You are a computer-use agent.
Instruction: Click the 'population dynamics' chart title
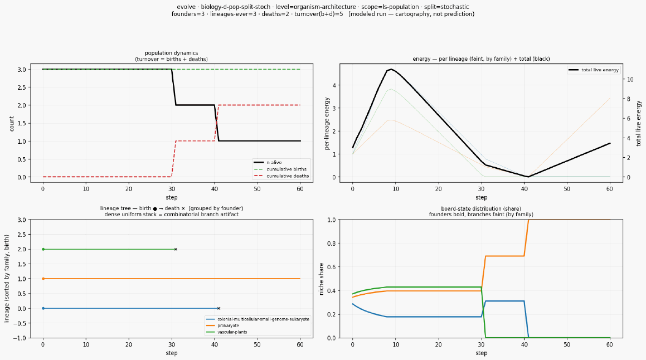(171, 53)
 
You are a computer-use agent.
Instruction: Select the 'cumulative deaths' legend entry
(281, 176)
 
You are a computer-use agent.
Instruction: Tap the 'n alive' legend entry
(268, 162)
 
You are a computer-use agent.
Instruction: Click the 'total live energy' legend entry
(593, 70)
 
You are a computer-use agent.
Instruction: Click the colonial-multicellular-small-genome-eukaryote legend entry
(258, 319)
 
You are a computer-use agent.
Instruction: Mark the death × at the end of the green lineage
(176, 249)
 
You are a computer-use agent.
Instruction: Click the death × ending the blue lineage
(218, 308)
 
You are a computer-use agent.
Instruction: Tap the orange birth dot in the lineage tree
(43, 279)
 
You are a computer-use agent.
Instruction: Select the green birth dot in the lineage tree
(43, 249)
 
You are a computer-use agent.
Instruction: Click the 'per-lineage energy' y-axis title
(327, 124)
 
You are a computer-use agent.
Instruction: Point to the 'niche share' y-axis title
(322, 279)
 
